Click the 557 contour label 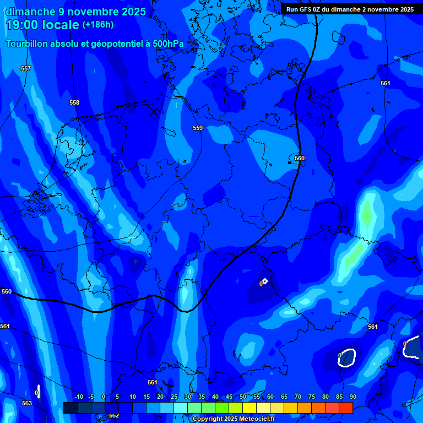point(26,68)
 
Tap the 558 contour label point(74,102)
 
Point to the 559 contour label point(198,128)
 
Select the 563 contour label point(27,403)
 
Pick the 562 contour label point(114,416)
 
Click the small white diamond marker point(265,281)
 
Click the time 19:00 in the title point(21,25)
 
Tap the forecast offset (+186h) point(97,25)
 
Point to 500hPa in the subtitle point(169,44)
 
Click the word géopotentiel point(117,44)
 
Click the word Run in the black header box point(292,9)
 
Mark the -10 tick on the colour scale point(78,397)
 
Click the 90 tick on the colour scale point(352,397)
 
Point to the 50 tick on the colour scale point(243,397)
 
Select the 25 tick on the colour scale point(173,397)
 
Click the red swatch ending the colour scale point(345,408)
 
